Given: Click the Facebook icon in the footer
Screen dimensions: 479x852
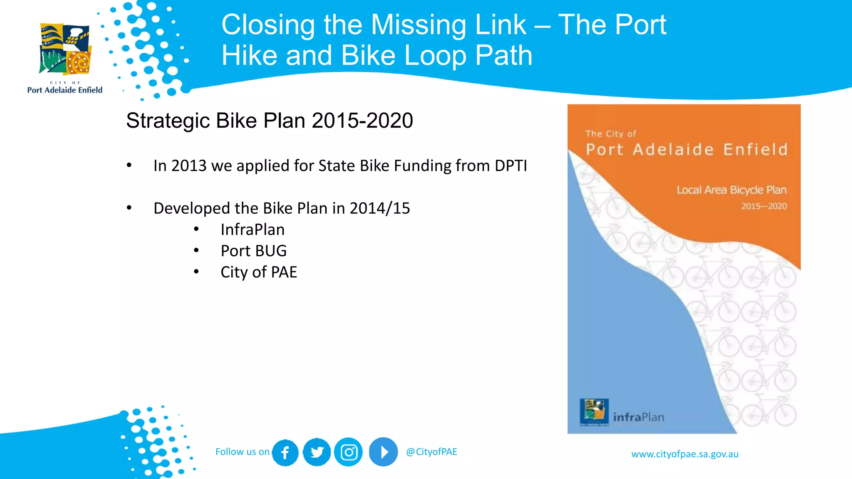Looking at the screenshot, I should click(285, 452).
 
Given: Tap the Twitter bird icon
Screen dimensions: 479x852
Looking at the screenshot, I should click(317, 452).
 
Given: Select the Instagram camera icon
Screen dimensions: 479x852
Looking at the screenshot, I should click(349, 452).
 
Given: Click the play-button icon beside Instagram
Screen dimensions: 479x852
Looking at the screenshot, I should click(383, 452).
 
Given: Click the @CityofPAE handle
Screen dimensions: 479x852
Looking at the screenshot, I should click(431, 452).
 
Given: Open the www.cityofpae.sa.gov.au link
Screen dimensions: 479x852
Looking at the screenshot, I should click(685, 454).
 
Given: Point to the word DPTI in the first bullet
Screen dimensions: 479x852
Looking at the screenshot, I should click(510, 166).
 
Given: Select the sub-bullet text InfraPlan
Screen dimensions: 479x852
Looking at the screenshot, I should click(253, 230).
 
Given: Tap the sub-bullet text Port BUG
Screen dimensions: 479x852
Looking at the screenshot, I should click(253, 251).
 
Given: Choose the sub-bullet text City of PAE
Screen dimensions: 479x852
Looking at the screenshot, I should click(259, 272).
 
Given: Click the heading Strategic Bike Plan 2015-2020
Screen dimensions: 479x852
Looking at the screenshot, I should click(270, 121).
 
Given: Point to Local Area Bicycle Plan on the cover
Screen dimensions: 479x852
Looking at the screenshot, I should click(731, 190).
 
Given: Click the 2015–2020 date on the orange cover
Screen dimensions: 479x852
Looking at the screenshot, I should click(764, 206).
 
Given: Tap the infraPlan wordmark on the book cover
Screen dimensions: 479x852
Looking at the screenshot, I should click(638, 417).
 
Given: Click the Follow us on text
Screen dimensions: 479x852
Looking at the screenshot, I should click(242, 452).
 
